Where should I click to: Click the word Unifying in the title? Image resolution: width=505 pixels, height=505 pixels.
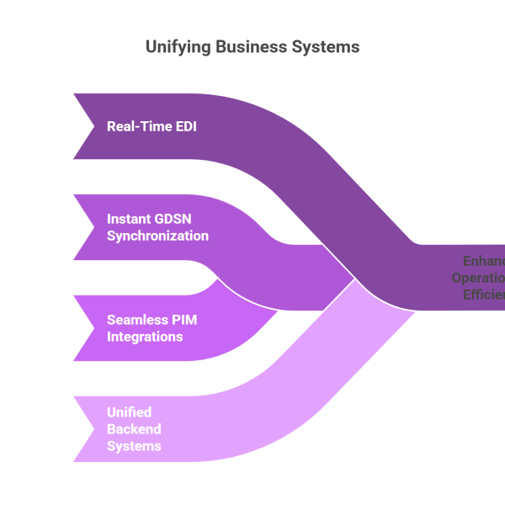pyautogui.click(x=177, y=47)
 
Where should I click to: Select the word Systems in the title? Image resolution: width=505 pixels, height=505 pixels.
pyautogui.click(x=325, y=47)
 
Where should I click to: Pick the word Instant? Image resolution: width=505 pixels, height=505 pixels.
pyautogui.click(x=130, y=219)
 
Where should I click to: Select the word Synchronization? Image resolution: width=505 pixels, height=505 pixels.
pyautogui.click(x=157, y=236)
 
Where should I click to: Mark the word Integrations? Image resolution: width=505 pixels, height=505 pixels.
pyautogui.click(x=145, y=337)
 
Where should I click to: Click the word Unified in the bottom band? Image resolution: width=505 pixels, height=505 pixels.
pyautogui.click(x=129, y=412)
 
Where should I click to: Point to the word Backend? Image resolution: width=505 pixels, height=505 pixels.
pyautogui.click(x=134, y=429)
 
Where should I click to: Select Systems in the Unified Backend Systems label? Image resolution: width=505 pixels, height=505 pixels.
pyautogui.click(x=134, y=446)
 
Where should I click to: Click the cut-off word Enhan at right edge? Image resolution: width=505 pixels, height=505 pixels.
pyautogui.click(x=484, y=261)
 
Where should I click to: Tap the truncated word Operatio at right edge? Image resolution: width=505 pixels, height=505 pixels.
pyautogui.click(x=478, y=278)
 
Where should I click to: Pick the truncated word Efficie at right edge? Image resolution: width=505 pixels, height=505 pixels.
pyautogui.click(x=483, y=295)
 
